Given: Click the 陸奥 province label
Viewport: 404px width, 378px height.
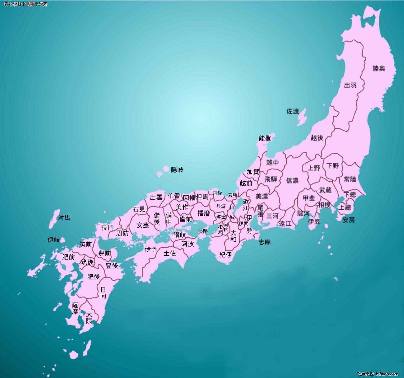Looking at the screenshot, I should point(379,68).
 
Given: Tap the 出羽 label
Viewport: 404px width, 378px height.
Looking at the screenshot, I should point(350,85).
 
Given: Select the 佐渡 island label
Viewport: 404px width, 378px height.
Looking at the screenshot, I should point(293,111).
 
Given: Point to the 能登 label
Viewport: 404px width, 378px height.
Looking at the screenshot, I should point(265,138).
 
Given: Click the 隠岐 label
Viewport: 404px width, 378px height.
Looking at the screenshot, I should point(177,170).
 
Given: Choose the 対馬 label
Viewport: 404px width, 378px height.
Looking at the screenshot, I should point(64,218).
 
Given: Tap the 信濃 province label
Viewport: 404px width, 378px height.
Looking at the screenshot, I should point(292,180).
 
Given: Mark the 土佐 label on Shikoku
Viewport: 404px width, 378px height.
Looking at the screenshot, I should point(170,253).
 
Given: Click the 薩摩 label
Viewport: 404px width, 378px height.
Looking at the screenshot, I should point(75,309).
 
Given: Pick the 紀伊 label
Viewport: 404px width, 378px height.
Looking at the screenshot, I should point(225,254).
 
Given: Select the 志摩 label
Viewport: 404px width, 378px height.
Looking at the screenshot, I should point(264,242).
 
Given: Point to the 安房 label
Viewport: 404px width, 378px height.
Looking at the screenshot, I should point(349,220).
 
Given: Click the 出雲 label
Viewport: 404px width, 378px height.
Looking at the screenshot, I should point(156,197).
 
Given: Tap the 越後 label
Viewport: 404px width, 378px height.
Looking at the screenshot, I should point(317,138).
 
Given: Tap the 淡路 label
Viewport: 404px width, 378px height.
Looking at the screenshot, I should point(203,231).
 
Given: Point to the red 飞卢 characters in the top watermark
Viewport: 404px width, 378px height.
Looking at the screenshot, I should point(30,4).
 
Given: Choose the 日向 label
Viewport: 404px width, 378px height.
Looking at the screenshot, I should point(103,292).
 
